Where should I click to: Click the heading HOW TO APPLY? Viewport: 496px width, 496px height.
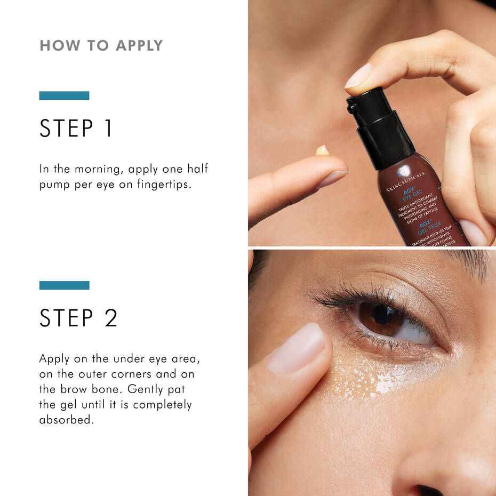coord(101,46)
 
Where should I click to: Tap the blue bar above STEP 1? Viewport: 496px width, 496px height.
coord(64,95)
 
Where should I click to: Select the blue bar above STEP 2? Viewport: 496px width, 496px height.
coord(64,285)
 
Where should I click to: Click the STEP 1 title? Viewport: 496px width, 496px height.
coord(76,129)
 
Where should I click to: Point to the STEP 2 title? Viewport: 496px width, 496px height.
coord(78,318)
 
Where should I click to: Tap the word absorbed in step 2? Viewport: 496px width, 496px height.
coord(66,420)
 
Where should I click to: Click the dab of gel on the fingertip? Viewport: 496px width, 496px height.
coord(322,150)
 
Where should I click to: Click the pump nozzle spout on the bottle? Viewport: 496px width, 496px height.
coord(351,108)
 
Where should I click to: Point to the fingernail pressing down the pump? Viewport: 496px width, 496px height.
coord(358,76)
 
